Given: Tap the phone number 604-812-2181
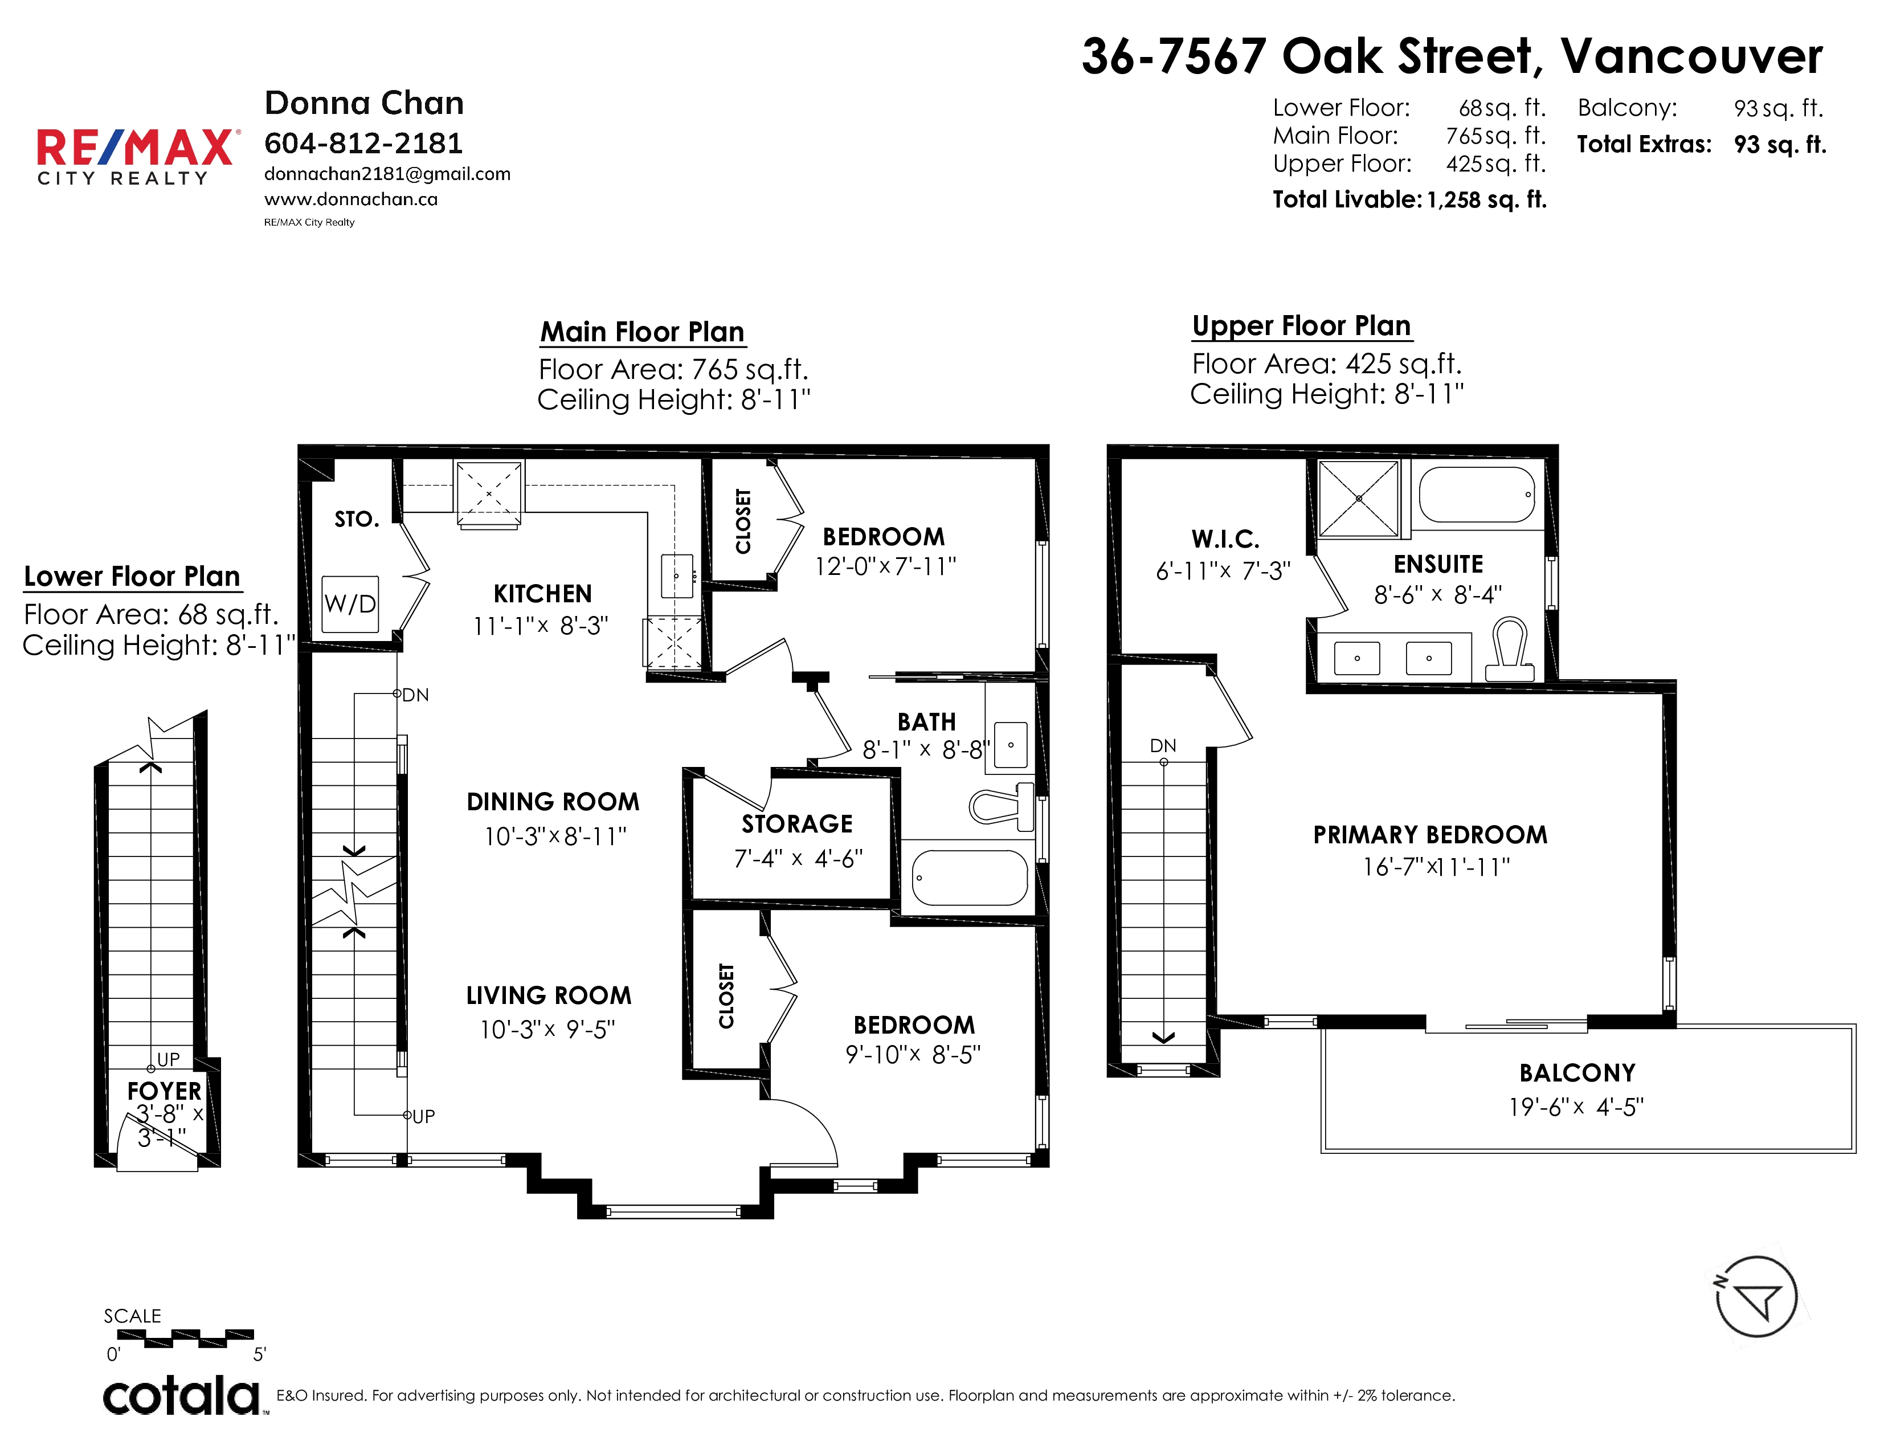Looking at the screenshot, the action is pyautogui.click(x=363, y=143).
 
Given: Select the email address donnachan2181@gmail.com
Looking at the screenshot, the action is pyautogui.click(x=387, y=174).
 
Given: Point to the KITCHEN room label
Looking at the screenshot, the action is pyautogui.click(x=542, y=594).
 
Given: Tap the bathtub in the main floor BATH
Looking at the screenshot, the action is pyautogui.click(x=970, y=877).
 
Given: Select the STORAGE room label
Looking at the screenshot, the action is pyautogui.click(x=797, y=824).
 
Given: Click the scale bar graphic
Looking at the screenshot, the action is pyautogui.click(x=185, y=1338).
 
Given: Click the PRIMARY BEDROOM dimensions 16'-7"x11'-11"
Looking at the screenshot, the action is pyautogui.click(x=1436, y=867).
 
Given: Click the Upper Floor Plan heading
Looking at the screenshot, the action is pyautogui.click(x=1302, y=325).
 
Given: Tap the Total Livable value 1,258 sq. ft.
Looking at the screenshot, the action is pyautogui.click(x=1486, y=199).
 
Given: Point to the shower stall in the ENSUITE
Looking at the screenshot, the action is pyautogui.click(x=1359, y=499).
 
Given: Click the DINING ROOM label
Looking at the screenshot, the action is pyautogui.click(x=553, y=801).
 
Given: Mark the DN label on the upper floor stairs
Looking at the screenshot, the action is pyautogui.click(x=1163, y=745).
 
